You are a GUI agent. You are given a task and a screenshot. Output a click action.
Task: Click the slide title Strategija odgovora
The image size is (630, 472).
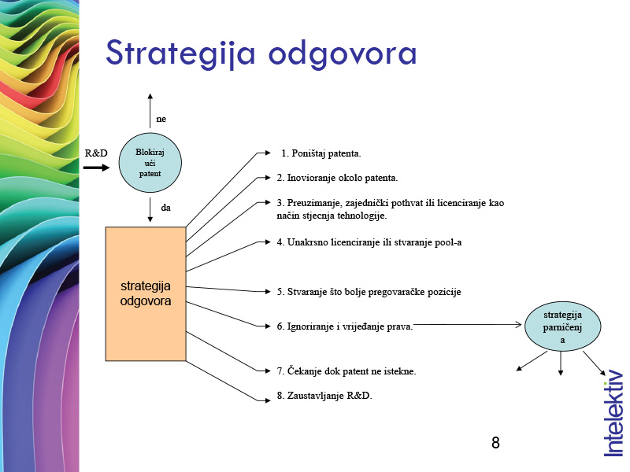(261, 53)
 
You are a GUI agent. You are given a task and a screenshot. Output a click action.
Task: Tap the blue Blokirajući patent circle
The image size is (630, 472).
(150, 163)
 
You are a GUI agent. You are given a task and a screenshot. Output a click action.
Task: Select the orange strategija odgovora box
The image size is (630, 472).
(146, 293)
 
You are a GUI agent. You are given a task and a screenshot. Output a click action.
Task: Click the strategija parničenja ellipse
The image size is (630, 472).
(562, 327)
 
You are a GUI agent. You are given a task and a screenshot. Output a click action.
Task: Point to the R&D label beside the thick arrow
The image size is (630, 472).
(95, 153)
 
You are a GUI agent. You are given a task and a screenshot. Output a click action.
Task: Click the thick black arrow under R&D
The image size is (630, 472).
(97, 168)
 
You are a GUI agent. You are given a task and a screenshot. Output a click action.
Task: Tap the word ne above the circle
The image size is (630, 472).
(161, 119)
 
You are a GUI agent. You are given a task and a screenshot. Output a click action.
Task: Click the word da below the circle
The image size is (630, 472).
(166, 208)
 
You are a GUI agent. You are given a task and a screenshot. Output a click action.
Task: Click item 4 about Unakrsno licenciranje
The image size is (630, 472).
(369, 242)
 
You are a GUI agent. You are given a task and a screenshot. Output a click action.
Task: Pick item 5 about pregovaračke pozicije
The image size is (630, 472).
(369, 292)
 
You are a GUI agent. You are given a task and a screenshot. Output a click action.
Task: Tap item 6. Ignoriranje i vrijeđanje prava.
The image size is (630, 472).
(345, 325)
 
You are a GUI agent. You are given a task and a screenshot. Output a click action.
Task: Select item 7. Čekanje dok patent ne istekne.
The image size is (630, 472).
(346, 371)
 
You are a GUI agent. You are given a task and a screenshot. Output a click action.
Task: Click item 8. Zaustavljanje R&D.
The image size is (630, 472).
(324, 396)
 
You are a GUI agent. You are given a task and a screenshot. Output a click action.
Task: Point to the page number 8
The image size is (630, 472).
(495, 442)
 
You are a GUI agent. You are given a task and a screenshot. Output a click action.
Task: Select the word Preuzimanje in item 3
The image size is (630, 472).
(308, 203)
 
